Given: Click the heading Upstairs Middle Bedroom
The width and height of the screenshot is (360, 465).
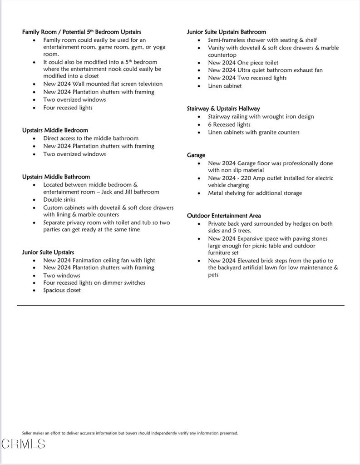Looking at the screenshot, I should click(55, 130).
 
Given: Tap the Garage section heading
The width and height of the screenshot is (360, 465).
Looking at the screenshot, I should click(196, 155).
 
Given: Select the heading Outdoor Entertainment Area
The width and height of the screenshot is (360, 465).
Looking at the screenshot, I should click(224, 216).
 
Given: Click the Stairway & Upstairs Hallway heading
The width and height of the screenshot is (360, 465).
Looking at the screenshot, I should click(223, 109).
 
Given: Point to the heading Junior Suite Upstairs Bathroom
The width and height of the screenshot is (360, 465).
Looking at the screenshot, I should click(227, 32).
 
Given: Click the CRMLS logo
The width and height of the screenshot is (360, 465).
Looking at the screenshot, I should click(23, 444).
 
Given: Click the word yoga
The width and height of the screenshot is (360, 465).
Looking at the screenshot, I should click(159, 47).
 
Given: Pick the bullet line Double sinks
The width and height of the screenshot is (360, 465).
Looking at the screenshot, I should click(59, 200).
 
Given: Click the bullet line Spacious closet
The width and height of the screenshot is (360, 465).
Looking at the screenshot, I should click(62, 290).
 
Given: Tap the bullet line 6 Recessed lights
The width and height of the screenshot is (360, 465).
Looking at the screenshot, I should click(229, 124).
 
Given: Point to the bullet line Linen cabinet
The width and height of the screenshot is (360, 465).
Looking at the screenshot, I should click(225, 86).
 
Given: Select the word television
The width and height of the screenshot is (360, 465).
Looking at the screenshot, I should click(146, 84).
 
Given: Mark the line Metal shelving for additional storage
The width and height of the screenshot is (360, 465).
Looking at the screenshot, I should click(255, 193).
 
